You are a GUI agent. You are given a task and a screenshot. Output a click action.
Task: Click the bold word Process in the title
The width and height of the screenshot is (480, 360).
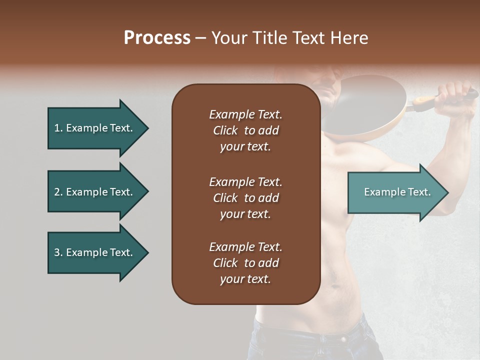tap(157, 37)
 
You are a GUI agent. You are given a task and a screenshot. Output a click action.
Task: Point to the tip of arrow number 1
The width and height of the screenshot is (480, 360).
tap(147, 128)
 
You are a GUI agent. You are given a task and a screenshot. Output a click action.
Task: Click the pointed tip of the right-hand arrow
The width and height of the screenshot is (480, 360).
tap(447, 192)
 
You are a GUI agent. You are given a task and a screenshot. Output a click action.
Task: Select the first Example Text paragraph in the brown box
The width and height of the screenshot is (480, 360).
tap(245, 130)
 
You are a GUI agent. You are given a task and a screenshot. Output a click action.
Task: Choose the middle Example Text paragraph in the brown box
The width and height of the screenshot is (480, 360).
tap(245, 198)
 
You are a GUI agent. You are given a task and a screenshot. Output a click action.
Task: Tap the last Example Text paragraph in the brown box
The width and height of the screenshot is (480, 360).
tap(245, 263)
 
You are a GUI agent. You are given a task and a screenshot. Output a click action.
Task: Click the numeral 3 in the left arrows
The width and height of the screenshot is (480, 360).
tap(56, 252)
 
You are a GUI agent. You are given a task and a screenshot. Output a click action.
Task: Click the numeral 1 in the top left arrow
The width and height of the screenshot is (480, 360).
tap(56, 128)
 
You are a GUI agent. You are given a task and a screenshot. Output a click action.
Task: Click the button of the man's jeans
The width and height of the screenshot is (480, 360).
tap(343, 339)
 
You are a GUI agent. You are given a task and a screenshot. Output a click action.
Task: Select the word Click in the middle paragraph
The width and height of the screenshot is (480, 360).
tap(225, 198)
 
